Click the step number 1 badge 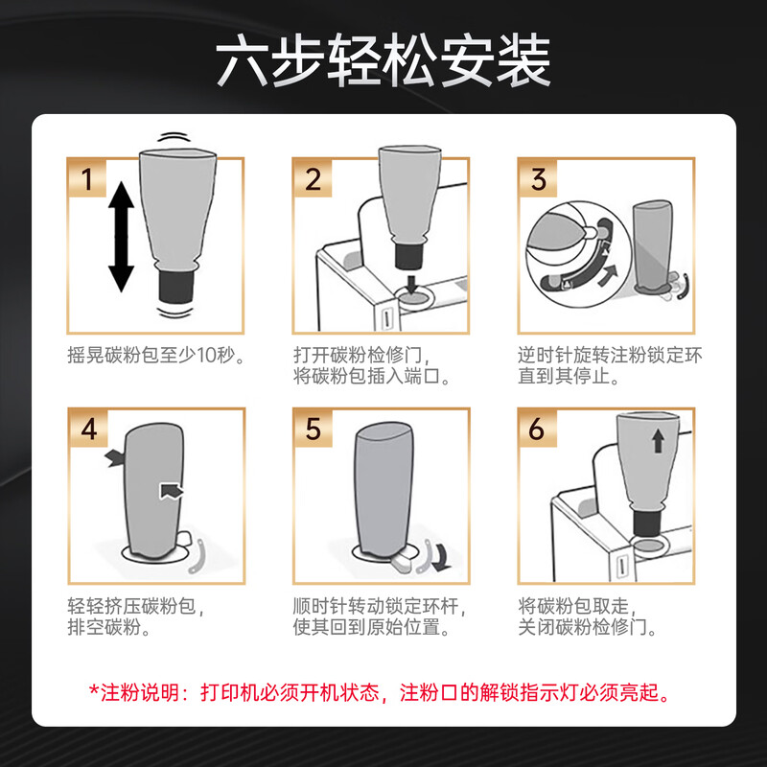coord(86,178)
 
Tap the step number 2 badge coord(313,178)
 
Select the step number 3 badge coord(538,178)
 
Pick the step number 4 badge coord(88,429)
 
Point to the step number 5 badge coord(314,429)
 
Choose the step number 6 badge coord(538,429)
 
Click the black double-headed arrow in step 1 coord(121,237)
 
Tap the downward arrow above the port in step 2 coord(411,284)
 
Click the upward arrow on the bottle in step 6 coord(658,440)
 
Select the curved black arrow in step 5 coord(443,558)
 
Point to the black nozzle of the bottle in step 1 coord(176,287)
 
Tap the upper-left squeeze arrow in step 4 coord(115,458)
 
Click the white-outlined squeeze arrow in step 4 coord(172,491)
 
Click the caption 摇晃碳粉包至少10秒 coord(155,355)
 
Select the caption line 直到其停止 coord(569,376)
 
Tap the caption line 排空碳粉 coord(108,627)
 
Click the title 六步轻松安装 coord(383,60)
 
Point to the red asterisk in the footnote coord(94,690)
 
